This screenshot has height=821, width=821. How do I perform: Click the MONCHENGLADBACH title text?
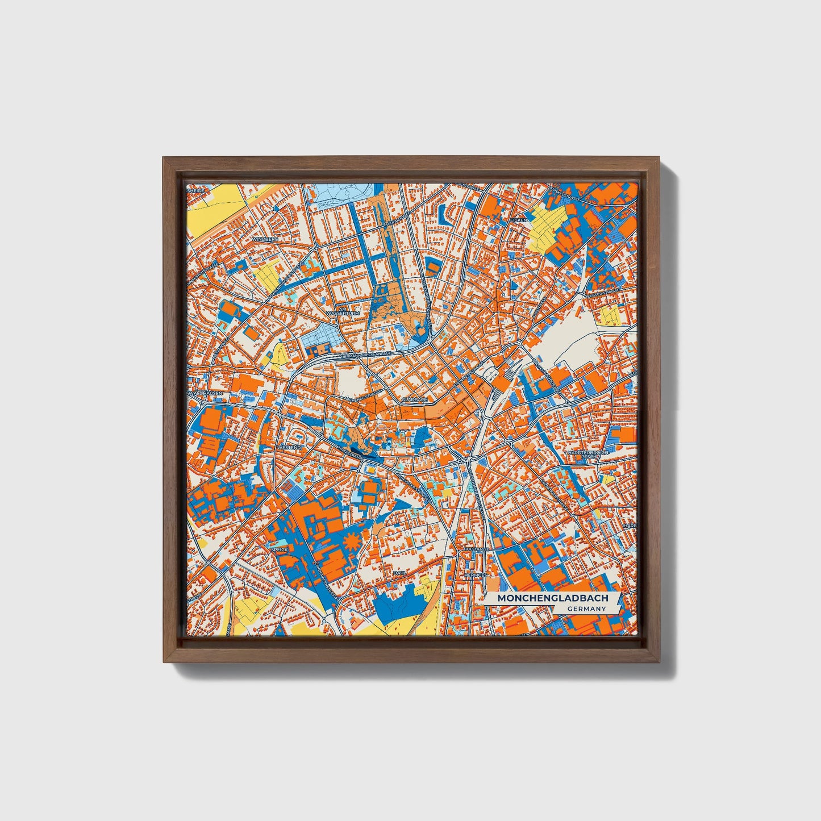[552, 598]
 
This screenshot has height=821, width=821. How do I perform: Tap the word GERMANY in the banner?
[586, 609]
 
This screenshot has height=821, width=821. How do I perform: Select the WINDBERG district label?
[266, 240]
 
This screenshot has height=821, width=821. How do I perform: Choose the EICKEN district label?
[519, 219]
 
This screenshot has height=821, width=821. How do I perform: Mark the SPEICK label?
[280, 549]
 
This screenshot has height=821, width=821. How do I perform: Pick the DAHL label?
[399, 573]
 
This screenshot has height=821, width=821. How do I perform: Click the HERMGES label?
[476, 575]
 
